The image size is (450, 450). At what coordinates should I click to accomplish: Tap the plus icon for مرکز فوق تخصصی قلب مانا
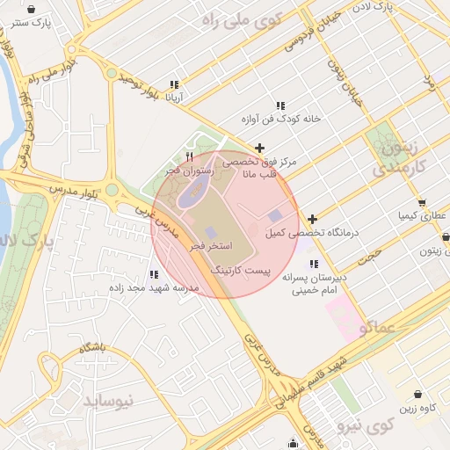258,149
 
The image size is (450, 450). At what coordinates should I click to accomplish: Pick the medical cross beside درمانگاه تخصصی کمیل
312,219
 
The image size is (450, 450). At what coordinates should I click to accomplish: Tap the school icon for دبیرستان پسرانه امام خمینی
314,264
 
